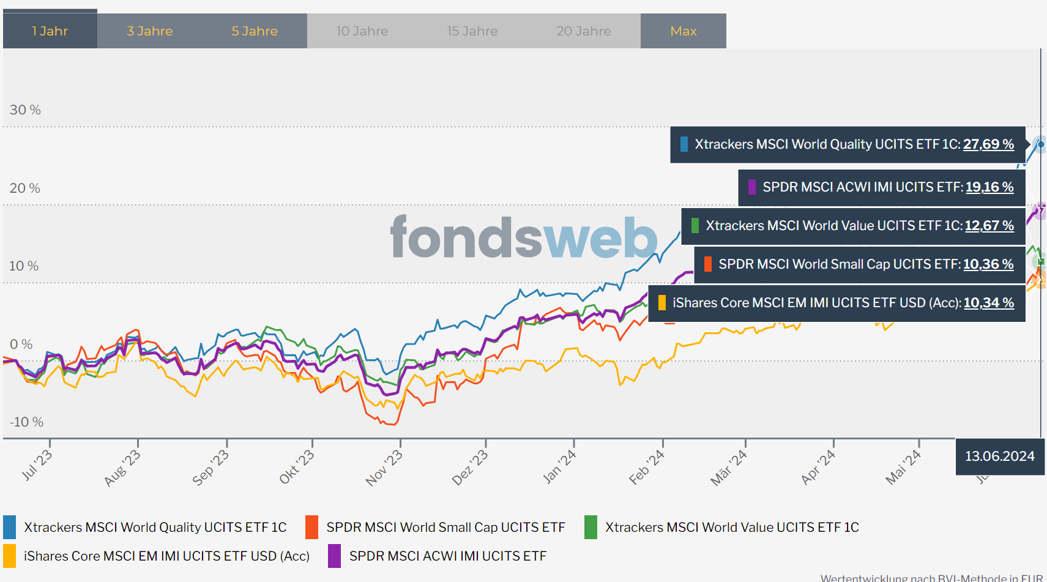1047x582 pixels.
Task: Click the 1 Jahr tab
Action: pyautogui.click(x=50, y=31)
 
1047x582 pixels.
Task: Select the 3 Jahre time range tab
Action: pyautogui.click(x=150, y=31)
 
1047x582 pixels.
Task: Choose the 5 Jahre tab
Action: pyautogui.click(x=255, y=31)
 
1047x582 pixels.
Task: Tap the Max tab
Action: pyautogui.click(x=684, y=31)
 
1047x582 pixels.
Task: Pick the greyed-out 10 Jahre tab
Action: pyautogui.click(x=362, y=31)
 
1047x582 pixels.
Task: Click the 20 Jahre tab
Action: pyautogui.click(x=584, y=31)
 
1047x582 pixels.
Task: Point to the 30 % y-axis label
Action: pyautogui.click(x=25, y=110)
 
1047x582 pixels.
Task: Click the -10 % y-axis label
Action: pyautogui.click(x=26, y=422)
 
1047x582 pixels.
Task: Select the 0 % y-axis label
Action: pyautogui.click(x=21, y=345)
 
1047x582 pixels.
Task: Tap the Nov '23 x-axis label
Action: pyautogui.click(x=384, y=468)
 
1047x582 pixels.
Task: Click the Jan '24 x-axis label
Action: pyautogui.click(x=559, y=466)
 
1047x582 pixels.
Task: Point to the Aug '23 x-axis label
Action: pyautogui.click(x=122, y=468)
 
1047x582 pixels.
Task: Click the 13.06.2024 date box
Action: pyautogui.click(x=1000, y=457)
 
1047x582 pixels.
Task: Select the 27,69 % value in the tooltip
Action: pyautogui.click(x=988, y=144)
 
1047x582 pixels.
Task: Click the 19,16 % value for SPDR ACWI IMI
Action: pyautogui.click(x=989, y=187)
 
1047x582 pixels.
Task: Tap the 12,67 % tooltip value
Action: pyautogui.click(x=989, y=226)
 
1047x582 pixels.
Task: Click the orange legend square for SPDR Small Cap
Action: pyautogui.click(x=311, y=528)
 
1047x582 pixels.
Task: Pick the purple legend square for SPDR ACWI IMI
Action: pyautogui.click(x=334, y=556)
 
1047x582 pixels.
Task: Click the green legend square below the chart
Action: pyautogui.click(x=591, y=528)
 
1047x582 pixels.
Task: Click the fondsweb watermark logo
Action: pyautogui.click(x=524, y=237)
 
